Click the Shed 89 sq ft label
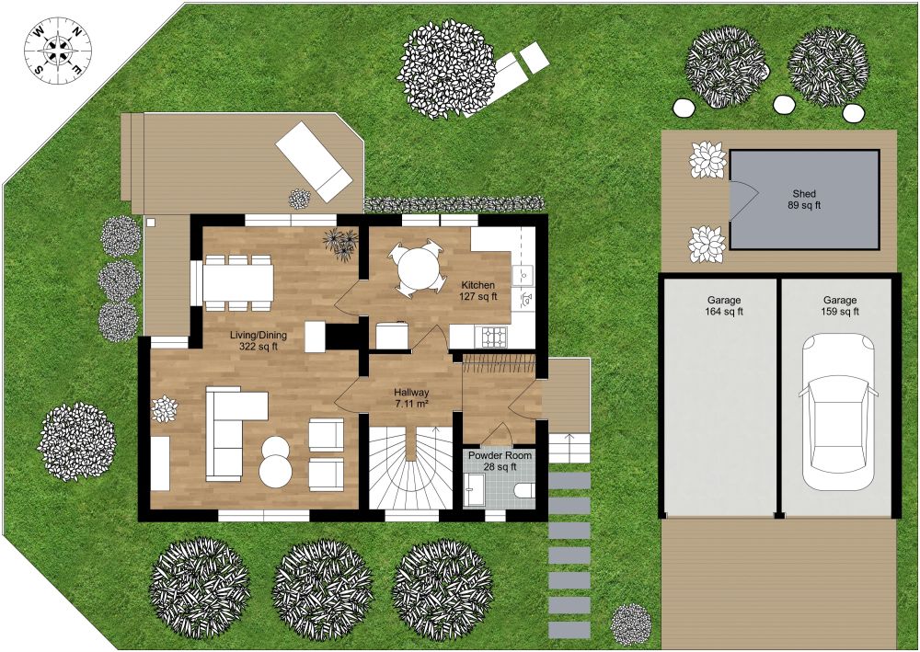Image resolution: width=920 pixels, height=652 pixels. pyautogui.click(x=804, y=200)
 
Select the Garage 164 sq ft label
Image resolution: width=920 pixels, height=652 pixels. pyautogui.click(x=724, y=306)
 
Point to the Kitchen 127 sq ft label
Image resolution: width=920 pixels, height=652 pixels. pyautogui.click(x=477, y=291)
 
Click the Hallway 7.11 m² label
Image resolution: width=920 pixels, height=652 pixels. pyautogui.click(x=411, y=397)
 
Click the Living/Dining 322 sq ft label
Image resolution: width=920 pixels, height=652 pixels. pyautogui.click(x=254, y=340)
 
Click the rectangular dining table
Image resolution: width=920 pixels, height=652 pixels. pyautogui.click(x=238, y=282)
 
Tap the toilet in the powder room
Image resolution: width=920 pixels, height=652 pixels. pyautogui.click(x=523, y=490)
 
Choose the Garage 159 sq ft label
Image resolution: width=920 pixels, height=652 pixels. pyautogui.click(x=839, y=306)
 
